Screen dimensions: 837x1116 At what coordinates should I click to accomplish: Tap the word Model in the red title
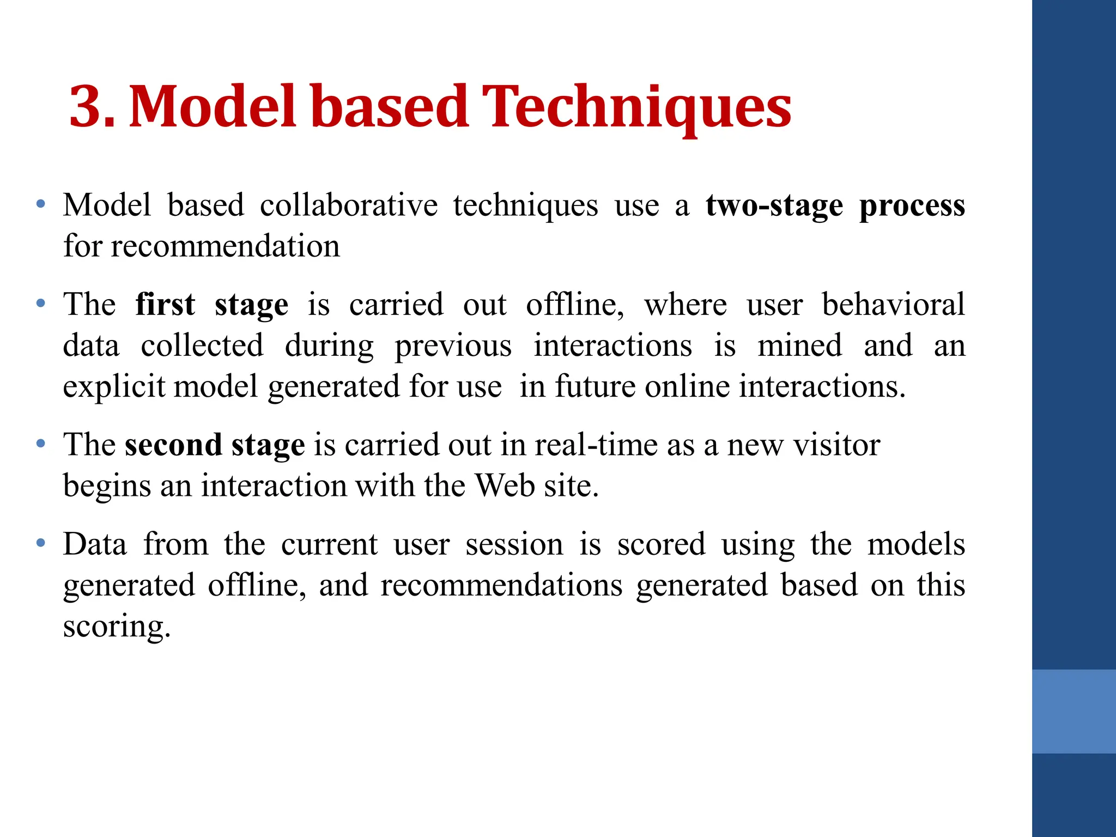[x=213, y=107]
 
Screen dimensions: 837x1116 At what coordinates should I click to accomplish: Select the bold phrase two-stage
[x=774, y=207]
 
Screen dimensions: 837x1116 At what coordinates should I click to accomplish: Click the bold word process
[x=912, y=207]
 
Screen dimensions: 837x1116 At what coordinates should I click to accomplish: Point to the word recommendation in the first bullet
[x=225, y=247]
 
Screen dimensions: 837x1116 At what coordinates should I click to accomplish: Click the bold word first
[x=165, y=304]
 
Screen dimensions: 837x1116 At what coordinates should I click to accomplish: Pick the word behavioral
[x=893, y=304]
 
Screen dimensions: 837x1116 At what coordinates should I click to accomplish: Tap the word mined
[x=799, y=346]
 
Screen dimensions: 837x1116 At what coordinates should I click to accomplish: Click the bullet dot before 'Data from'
[x=40, y=543]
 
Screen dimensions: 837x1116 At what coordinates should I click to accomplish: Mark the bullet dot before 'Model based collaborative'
[x=40, y=205]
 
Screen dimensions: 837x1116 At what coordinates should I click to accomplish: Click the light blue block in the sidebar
[x=1073, y=711]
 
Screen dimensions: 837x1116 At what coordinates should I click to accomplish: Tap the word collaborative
[x=348, y=205]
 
